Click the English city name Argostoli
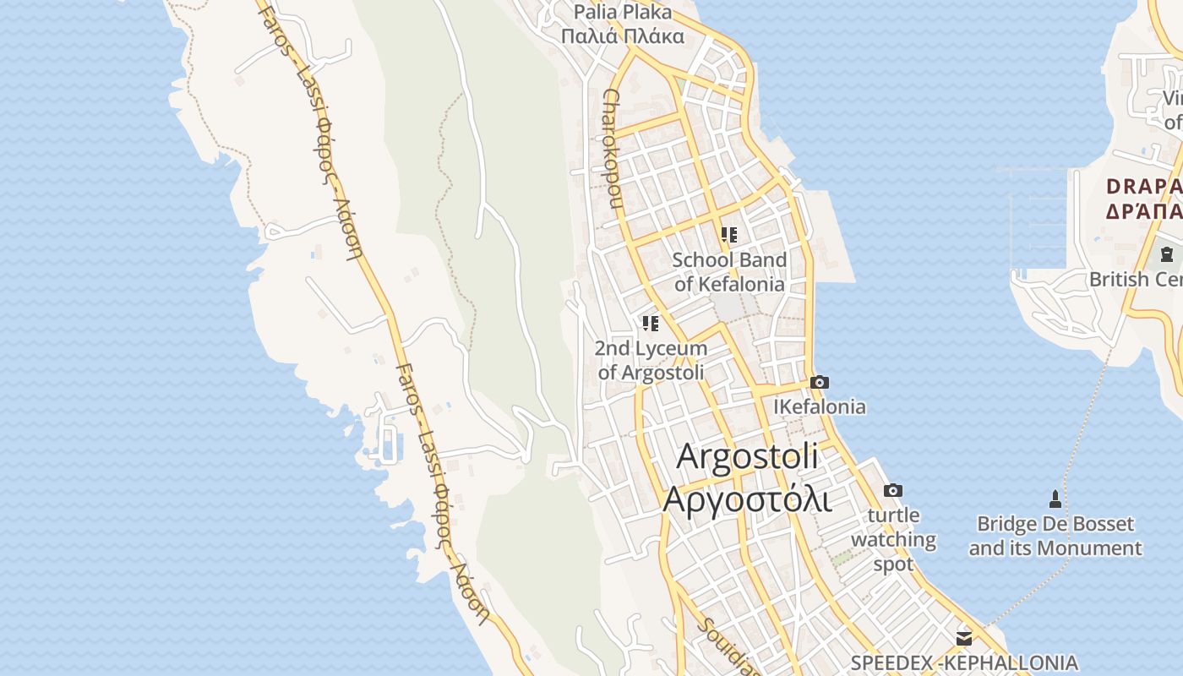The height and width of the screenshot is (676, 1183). [748, 456]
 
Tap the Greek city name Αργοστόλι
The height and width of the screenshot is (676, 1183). [748, 499]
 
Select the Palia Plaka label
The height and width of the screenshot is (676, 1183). [623, 12]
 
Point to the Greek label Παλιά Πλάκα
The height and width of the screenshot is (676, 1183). [623, 36]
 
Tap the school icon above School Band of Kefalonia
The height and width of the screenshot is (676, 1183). [729, 235]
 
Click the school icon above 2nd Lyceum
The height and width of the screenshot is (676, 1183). [650, 324]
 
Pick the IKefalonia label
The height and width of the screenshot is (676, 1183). [820, 407]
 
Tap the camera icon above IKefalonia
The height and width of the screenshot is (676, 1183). [820, 383]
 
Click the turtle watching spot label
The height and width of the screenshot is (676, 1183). [893, 539]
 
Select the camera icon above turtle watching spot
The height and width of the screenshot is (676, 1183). [893, 491]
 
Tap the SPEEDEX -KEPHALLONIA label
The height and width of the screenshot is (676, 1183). [964, 662]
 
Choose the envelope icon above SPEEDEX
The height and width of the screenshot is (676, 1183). [964, 638]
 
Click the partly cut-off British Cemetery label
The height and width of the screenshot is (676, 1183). [1136, 279]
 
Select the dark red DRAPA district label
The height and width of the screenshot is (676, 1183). [1144, 186]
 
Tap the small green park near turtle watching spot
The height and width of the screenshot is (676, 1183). [842, 559]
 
